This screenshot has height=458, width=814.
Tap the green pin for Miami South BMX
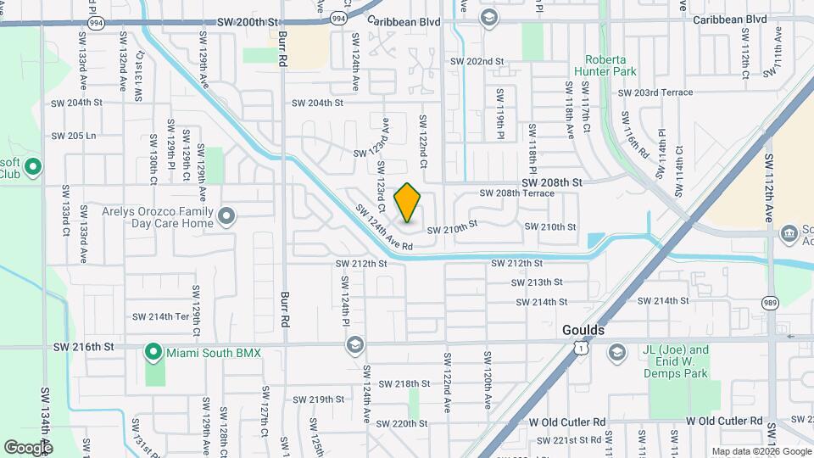(x=153, y=351)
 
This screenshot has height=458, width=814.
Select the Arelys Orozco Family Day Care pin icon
(x=226, y=216)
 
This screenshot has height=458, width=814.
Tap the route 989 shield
(x=769, y=303)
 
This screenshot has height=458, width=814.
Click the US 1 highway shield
(x=578, y=347)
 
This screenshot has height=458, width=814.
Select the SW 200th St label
(x=247, y=22)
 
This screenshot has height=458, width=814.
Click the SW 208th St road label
(x=552, y=182)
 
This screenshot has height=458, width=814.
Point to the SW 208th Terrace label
(x=516, y=193)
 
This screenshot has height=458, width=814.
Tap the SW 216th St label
(x=83, y=347)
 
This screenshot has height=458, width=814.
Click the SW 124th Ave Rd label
(x=383, y=228)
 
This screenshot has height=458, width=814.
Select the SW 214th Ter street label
(x=160, y=316)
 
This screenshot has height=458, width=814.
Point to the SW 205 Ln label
(x=74, y=136)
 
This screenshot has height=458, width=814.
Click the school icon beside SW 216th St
(x=354, y=344)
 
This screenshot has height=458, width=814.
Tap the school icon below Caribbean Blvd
(x=489, y=18)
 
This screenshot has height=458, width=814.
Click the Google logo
(x=28, y=447)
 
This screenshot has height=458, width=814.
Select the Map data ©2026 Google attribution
(x=761, y=451)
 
